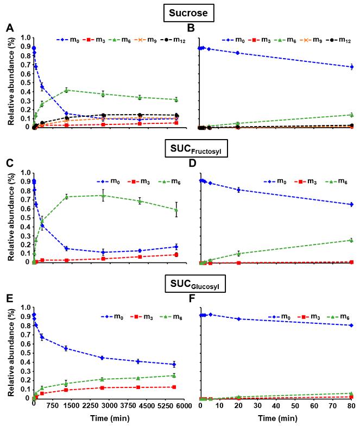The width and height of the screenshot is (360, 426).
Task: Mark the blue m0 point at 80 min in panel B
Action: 352,67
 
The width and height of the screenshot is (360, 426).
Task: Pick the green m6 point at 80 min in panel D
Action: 352,240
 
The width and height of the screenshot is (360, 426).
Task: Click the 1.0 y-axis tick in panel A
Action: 26,38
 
